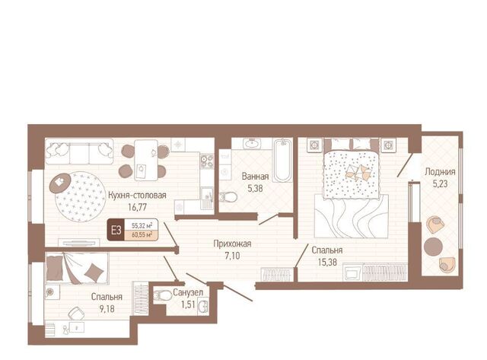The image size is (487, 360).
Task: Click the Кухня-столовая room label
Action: [x=137, y=196]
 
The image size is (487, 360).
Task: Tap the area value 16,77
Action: [x=137, y=207]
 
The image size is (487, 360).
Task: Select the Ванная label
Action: [x=255, y=177]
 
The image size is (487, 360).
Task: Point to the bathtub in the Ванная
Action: [x=282, y=161]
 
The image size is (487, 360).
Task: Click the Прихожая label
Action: [x=232, y=244]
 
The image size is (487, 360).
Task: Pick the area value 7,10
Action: [x=232, y=256]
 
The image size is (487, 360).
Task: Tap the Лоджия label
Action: [x=440, y=172]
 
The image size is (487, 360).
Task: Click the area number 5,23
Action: [x=440, y=184]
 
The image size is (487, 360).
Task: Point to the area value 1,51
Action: [x=188, y=304]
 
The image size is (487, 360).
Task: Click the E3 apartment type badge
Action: [x=116, y=230]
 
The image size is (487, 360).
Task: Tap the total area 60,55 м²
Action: [x=142, y=235]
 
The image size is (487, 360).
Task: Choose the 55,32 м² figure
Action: [x=142, y=225]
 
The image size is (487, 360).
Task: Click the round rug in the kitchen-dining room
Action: [x=80, y=196]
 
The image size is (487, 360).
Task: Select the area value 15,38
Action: [x=327, y=262]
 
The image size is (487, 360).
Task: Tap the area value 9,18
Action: [x=107, y=308]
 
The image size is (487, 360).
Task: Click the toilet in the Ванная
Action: [x=228, y=197]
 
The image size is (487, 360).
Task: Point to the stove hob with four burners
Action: [x=207, y=161]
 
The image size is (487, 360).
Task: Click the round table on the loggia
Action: [x=433, y=247]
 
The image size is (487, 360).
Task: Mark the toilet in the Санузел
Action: [x=163, y=295]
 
